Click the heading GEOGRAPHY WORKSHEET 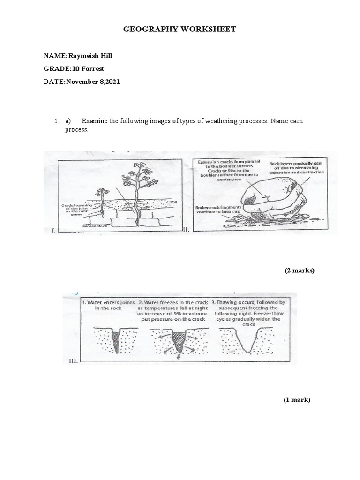pos(180,30)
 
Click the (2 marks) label pos(300,270)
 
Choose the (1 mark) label pos(297,400)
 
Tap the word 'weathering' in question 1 pos(216,121)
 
